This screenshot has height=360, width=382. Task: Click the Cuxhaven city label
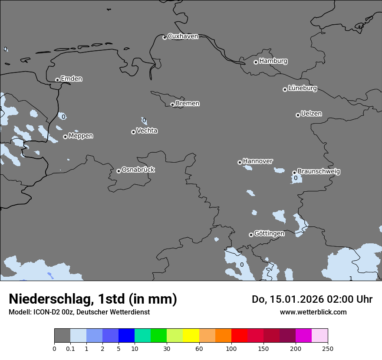point(183,36)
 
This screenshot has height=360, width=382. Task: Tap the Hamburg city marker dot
point(256,62)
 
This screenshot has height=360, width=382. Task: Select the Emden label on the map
point(71,79)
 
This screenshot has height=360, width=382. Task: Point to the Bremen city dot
point(172,105)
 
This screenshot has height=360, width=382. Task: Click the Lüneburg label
point(302,88)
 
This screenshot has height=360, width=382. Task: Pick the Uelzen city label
point(311,114)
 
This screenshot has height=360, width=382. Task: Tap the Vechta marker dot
point(133,132)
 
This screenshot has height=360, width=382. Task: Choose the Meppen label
point(81,136)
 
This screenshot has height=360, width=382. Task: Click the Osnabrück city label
point(138,170)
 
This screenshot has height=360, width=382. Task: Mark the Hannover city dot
point(240,162)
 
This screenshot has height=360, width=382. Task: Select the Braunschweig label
point(319,172)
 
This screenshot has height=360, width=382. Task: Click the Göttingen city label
point(269,233)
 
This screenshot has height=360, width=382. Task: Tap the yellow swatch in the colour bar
point(191,336)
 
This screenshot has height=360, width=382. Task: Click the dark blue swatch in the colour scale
point(126,336)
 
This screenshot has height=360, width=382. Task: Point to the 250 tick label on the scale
point(328,348)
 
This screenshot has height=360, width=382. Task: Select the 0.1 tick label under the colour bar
point(70,348)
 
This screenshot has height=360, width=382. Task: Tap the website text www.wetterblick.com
point(313,312)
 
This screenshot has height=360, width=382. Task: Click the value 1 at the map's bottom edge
point(351,278)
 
